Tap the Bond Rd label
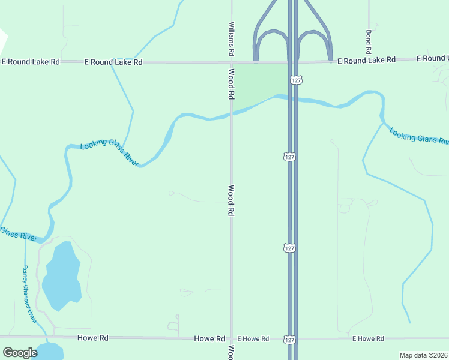pos(369,40)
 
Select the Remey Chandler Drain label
pos(29,294)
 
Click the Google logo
pos(20,353)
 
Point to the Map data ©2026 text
pos(423,355)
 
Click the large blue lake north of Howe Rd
pos(61,275)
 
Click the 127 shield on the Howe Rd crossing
pos(289,339)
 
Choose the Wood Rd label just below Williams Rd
pos(231,83)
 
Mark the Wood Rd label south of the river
pos(231,200)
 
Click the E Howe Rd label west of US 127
pos(252,339)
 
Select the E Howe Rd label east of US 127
pos(367,339)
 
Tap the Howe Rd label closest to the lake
pos(93,338)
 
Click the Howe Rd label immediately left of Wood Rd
pos(209,339)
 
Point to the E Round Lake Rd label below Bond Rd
pos(366,60)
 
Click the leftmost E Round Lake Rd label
pos(31,62)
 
